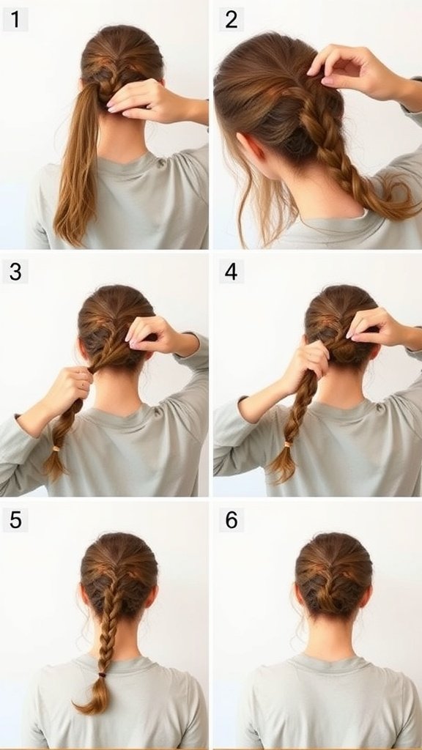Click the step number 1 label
point(15,20)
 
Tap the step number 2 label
point(231,20)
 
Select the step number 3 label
point(15,272)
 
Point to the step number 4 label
point(231,272)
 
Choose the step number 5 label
point(15,520)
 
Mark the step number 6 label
point(231,520)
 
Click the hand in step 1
point(143,100)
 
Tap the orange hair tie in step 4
point(288,445)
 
